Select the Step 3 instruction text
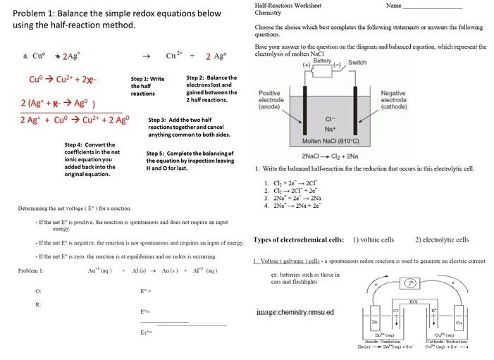pyautogui.click(x=191, y=128)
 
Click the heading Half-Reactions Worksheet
pyautogui.click(x=285, y=6)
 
